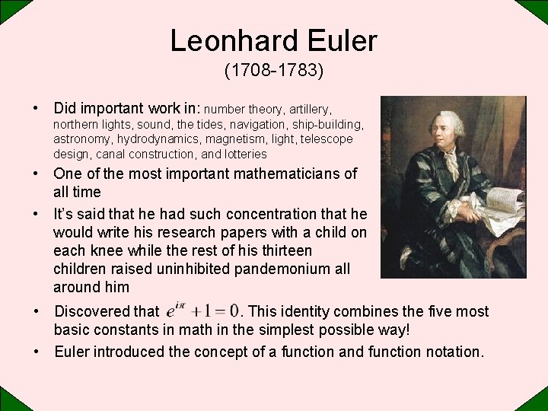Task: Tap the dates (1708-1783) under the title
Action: [x=274, y=71]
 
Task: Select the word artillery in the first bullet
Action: [x=308, y=110]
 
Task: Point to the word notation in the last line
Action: [x=449, y=352]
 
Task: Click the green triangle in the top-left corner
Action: [x=9, y=8]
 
